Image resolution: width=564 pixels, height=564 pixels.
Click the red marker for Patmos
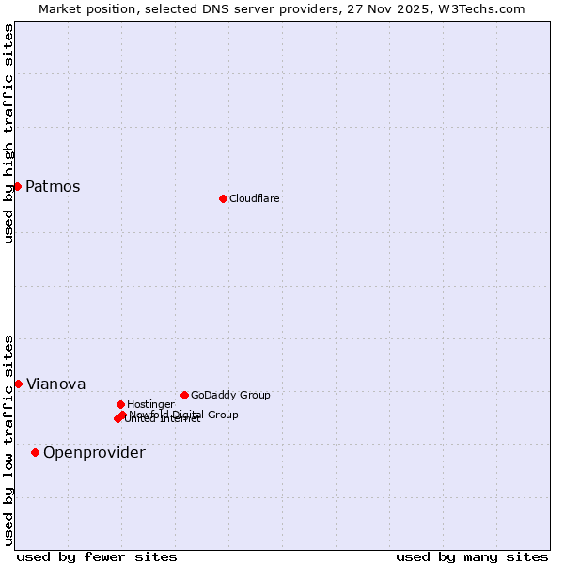tap(17, 186)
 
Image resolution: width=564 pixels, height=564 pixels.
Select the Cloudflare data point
tap(223, 198)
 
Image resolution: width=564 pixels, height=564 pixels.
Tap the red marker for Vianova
tap(18, 384)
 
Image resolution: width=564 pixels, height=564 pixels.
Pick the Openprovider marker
tap(35, 452)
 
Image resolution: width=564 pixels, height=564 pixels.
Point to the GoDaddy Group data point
tap(184, 395)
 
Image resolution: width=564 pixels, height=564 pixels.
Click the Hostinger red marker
tap(120, 404)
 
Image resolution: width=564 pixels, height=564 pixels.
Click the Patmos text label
tap(53, 186)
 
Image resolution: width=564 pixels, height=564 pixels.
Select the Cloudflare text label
tap(255, 198)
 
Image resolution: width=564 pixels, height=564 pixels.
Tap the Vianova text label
tap(55, 384)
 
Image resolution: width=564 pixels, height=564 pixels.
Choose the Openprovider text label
tap(94, 452)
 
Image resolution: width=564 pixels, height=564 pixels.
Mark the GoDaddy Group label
tap(230, 395)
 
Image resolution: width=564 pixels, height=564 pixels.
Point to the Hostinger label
tap(150, 404)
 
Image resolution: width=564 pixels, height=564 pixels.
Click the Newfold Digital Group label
tap(183, 414)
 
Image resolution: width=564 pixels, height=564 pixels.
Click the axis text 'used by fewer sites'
tap(97, 556)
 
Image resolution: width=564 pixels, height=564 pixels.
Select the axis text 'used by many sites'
tap(472, 556)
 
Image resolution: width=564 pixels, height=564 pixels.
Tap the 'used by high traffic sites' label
tap(8, 133)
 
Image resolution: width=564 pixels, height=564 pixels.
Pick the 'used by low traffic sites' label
tap(8, 439)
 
